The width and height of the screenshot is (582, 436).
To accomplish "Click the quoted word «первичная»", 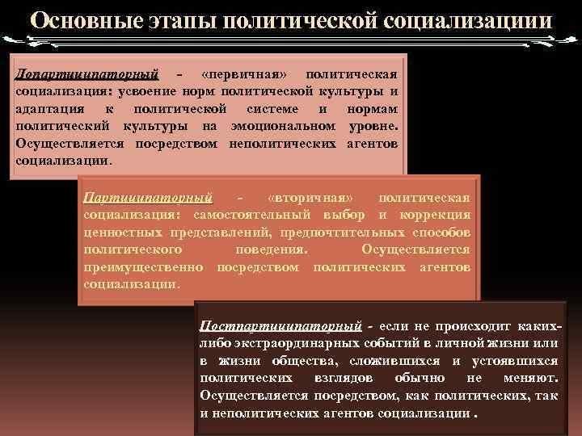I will click(243, 74).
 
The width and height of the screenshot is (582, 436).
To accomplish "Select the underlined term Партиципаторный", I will click(149, 197).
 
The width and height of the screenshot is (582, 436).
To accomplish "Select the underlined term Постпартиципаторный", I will click(280, 325).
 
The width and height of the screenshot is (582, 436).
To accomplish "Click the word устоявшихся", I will click(517, 360).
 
